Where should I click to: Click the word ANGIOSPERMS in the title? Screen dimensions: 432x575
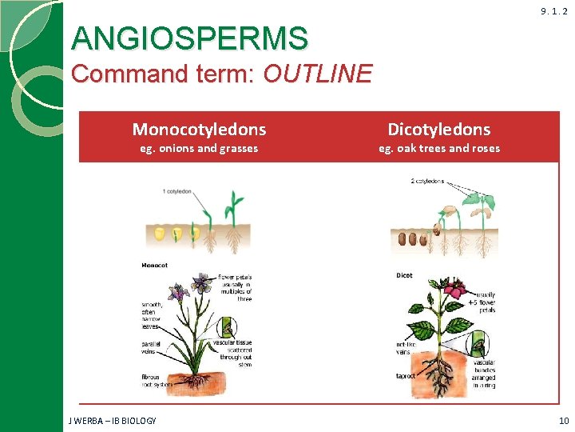click(x=189, y=38)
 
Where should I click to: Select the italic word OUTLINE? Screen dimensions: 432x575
click(x=317, y=74)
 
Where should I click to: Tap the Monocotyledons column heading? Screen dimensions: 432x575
click(x=199, y=129)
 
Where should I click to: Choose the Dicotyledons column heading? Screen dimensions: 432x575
click(x=438, y=129)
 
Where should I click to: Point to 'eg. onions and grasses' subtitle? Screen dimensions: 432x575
click(x=199, y=148)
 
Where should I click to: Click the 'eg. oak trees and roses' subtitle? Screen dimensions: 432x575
click(x=439, y=148)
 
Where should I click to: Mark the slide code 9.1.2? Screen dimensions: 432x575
click(x=553, y=11)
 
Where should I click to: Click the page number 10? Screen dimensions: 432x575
click(x=563, y=421)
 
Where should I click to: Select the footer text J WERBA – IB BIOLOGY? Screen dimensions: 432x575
click(x=113, y=421)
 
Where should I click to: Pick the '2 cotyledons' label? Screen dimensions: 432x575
click(x=427, y=182)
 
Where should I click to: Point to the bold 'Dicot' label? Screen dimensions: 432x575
click(x=404, y=275)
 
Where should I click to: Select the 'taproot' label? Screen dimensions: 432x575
click(x=406, y=375)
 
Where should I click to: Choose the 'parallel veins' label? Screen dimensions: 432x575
click(x=152, y=347)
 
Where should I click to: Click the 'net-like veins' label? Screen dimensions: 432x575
click(x=405, y=349)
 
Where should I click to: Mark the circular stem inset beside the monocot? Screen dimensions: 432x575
click(x=228, y=326)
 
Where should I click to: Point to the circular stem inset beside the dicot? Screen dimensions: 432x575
click(x=477, y=345)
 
